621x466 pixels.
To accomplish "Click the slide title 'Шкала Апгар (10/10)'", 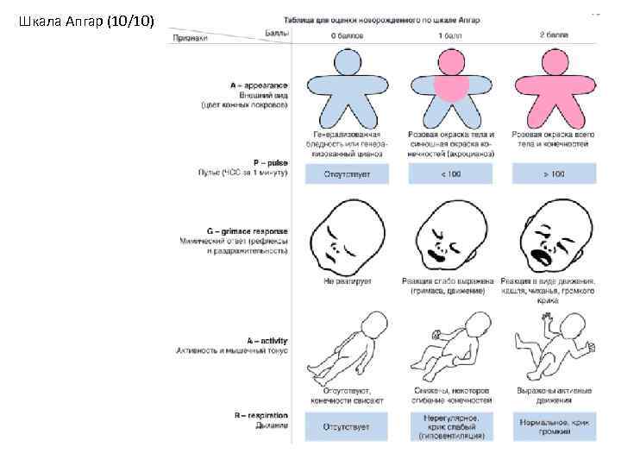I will tap(85, 21).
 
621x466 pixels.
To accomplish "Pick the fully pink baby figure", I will tap(553, 86).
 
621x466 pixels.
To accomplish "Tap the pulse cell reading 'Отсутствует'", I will tap(346, 173).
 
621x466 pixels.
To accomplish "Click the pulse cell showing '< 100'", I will tap(450, 173).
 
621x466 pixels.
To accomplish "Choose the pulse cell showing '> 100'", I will tap(553, 173).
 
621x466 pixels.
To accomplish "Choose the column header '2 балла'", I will tap(553, 37).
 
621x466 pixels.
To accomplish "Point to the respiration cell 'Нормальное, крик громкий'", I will tap(553, 427).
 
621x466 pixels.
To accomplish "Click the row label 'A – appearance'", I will tap(259, 85).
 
